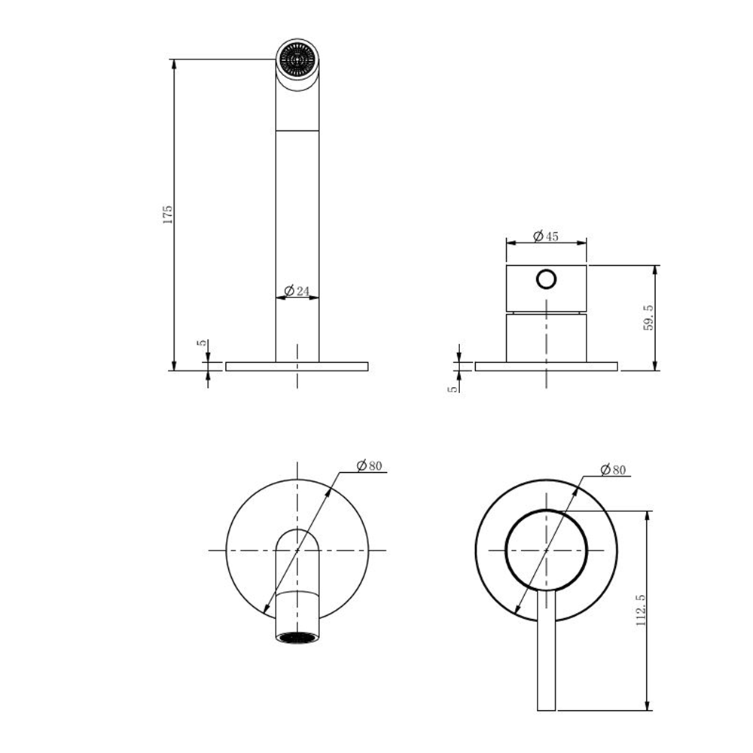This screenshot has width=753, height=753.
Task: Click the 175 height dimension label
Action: click(x=167, y=215)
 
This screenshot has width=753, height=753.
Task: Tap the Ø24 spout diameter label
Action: click(x=297, y=291)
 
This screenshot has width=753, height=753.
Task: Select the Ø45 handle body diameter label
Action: click(x=546, y=236)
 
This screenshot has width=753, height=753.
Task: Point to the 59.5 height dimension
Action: click(x=648, y=318)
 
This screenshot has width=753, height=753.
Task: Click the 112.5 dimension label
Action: click(x=641, y=610)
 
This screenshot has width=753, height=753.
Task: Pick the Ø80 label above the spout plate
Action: click(x=369, y=465)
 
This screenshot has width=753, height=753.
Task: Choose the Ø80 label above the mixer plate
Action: click(x=613, y=470)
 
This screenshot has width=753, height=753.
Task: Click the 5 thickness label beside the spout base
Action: click(x=203, y=343)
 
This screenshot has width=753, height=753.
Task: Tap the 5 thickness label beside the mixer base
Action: click(x=453, y=389)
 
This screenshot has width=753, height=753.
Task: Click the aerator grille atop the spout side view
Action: click(x=297, y=59)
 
